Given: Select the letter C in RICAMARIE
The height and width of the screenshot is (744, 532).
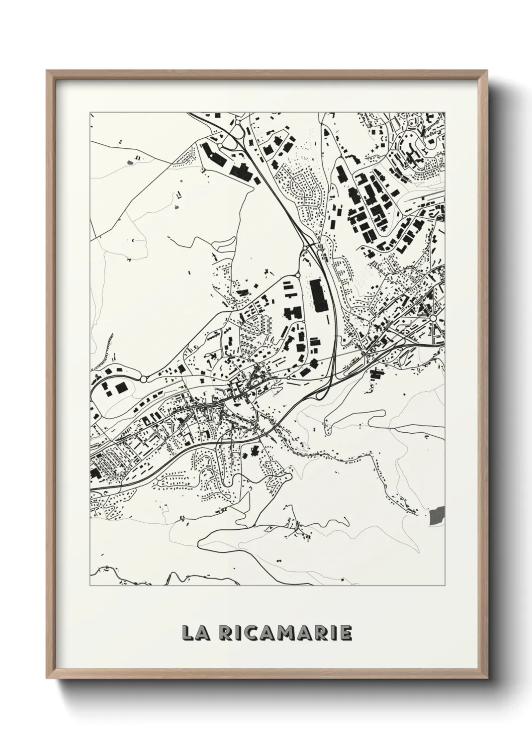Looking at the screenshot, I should [249, 633].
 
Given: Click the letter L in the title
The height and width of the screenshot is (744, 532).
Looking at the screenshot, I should [189, 633].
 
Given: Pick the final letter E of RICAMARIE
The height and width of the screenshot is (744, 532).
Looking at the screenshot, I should [346, 633].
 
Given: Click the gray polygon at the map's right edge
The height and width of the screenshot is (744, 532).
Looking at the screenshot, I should [437, 515].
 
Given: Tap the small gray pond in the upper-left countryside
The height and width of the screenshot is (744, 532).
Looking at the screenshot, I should [132, 162].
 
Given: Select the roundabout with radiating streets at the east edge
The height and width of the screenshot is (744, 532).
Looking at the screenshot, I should [433, 318].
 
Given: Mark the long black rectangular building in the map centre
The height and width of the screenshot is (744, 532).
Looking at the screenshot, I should [318, 295].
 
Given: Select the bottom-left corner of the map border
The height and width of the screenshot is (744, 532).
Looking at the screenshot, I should [90, 586].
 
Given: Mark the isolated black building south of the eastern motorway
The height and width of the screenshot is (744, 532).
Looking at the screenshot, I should [376, 374].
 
